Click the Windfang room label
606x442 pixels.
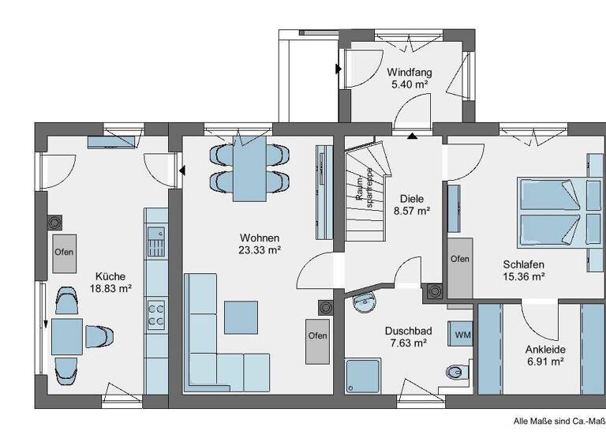click(x=410, y=72)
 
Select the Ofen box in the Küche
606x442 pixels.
click(x=64, y=253)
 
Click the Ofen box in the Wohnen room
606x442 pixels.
click(x=317, y=335)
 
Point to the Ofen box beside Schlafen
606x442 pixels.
click(x=459, y=259)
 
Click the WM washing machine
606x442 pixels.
click(x=462, y=334)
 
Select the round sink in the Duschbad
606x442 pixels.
click(x=364, y=301)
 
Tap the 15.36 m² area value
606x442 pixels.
click(x=525, y=277)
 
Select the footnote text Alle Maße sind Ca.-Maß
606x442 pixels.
click(x=559, y=422)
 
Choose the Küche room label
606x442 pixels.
click(x=110, y=276)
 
